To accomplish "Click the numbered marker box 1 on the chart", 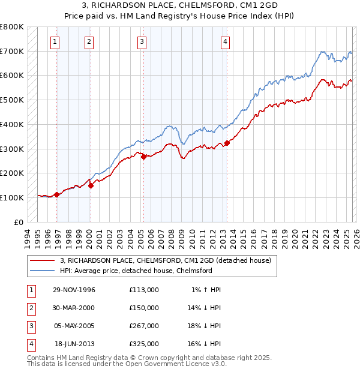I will coord(55,41).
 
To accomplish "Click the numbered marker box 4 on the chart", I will coord(224,41).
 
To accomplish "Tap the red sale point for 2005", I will coord(143,157).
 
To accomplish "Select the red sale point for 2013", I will coord(227,143).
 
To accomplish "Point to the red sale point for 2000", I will coord(91,185).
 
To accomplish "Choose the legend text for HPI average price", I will coord(136,271).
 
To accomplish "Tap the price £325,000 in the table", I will coord(143,344).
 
